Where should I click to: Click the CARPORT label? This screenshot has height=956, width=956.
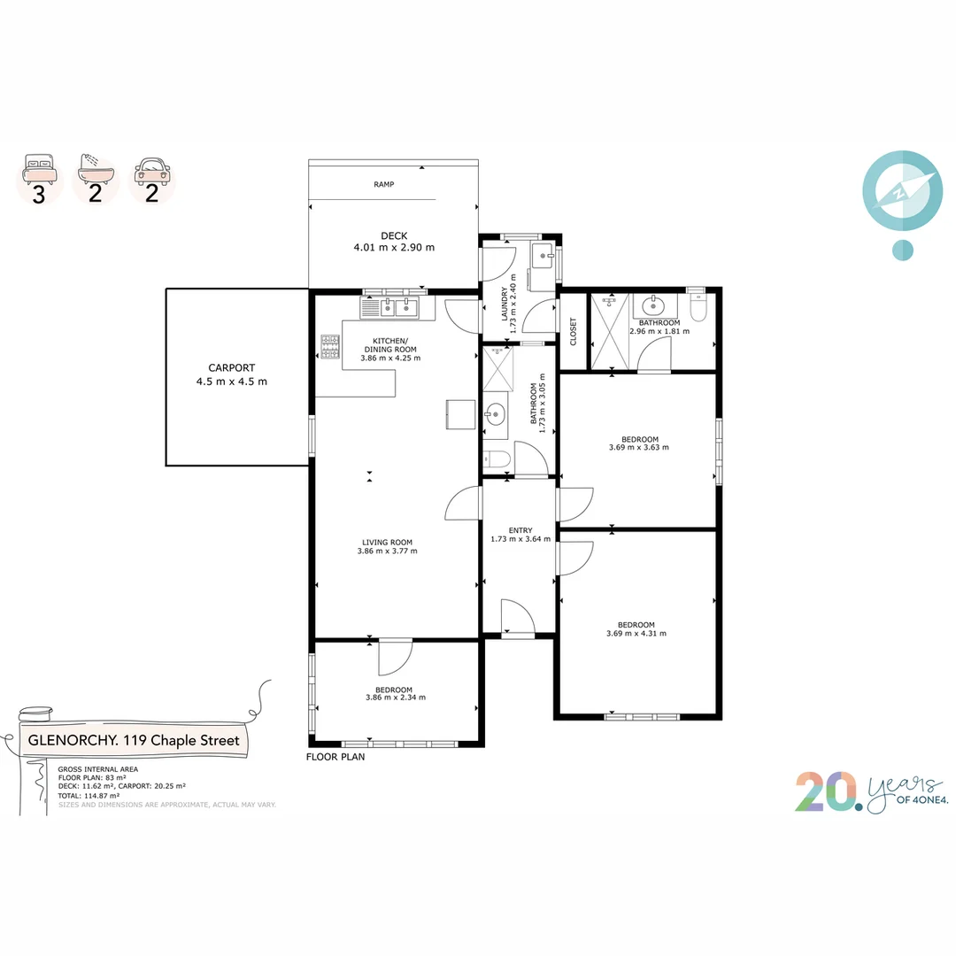231,367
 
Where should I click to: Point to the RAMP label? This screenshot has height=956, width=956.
383,184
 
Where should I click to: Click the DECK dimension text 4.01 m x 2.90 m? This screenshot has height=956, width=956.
394,248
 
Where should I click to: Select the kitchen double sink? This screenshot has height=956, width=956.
389,307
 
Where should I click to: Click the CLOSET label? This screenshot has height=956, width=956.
573,331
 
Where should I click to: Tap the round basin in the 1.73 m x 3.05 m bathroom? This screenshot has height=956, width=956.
495,412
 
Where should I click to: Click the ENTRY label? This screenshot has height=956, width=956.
520,529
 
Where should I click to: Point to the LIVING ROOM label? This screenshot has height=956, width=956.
387,542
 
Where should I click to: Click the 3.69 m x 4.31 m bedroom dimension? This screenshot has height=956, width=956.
636,633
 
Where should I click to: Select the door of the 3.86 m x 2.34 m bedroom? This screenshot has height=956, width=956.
395,656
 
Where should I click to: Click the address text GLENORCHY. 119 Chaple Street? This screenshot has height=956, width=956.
134,740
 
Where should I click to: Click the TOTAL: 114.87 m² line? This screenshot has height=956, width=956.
89,795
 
